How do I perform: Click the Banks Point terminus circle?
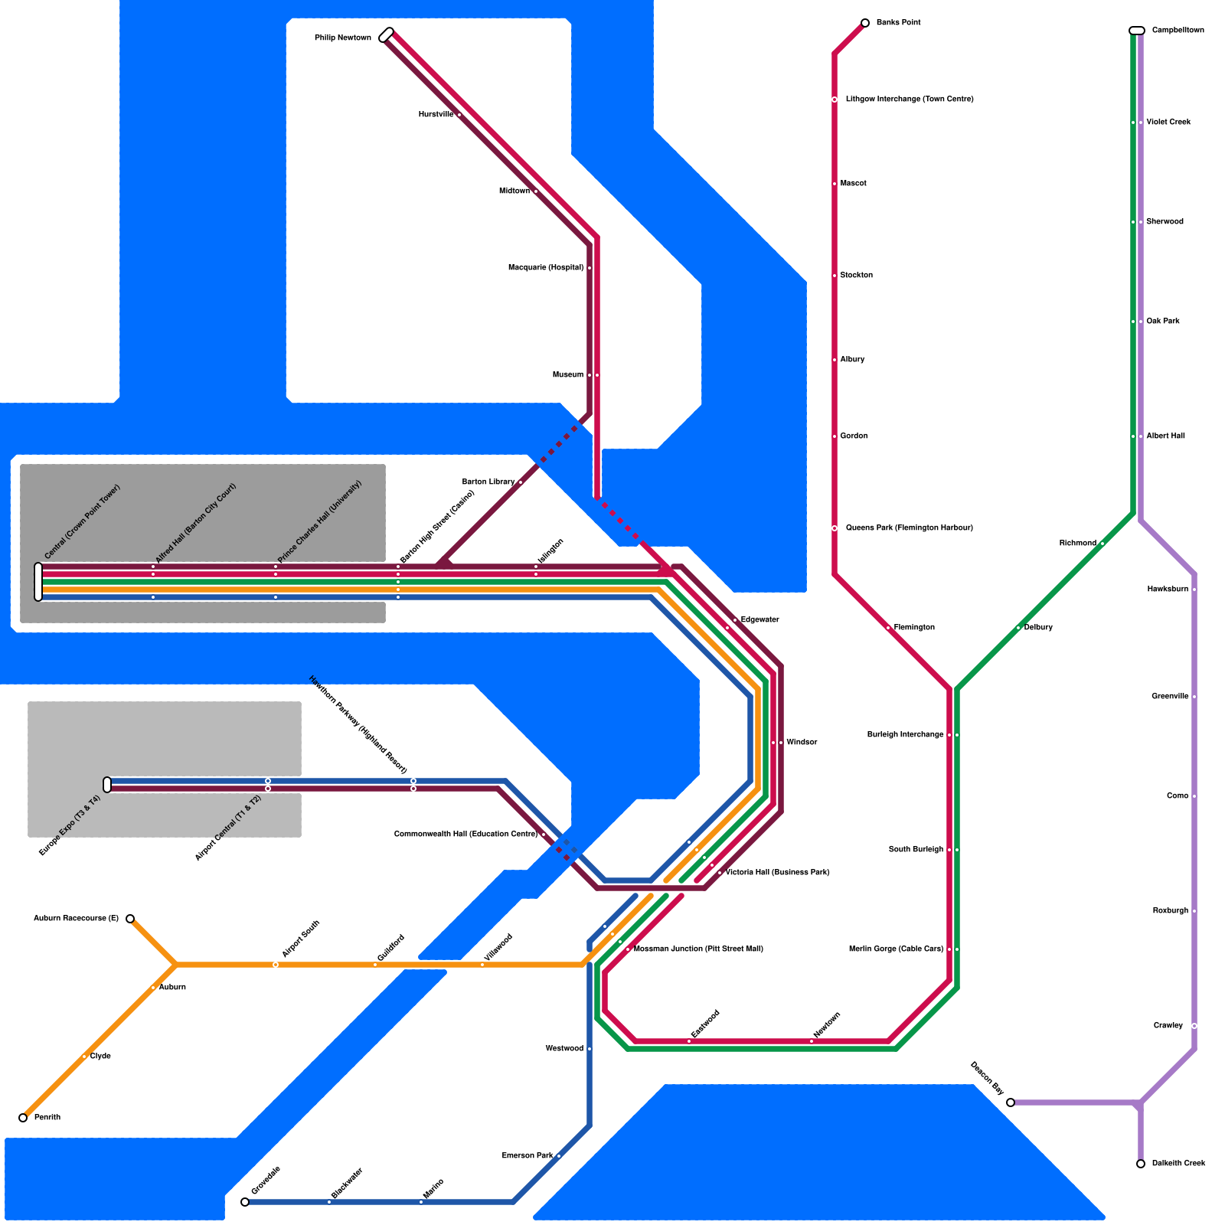click(x=865, y=23)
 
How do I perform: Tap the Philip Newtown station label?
click(x=342, y=38)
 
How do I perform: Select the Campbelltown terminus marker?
click(x=1137, y=31)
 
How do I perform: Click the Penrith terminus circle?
click(x=23, y=1118)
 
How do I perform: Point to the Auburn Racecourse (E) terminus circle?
click(x=130, y=919)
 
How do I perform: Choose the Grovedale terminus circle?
click(x=245, y=1202)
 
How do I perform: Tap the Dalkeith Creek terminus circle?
click(x=1141, y=1164)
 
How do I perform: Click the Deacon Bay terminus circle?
click(x=1011, y=1102)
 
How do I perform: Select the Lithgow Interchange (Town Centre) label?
click(x=910, y=100)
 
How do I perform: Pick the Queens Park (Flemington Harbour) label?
click(x=909, y=528)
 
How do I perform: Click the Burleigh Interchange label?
click(x=905, y=735)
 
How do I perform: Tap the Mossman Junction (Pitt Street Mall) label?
click(x=698, y=949)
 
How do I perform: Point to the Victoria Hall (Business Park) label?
click(x=777, y=873)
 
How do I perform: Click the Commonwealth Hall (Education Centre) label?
click(x=465, y=835)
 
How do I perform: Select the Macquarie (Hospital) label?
click(x=546, y=268)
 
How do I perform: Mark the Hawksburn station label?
click(x=1168, y=590)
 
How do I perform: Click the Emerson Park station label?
click(x=528, y=1156)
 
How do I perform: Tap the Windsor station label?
click(x=802, y=743)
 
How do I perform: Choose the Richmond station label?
click(x=1077, y=544)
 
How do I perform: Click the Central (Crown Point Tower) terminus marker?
click(x=38, y=582)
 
